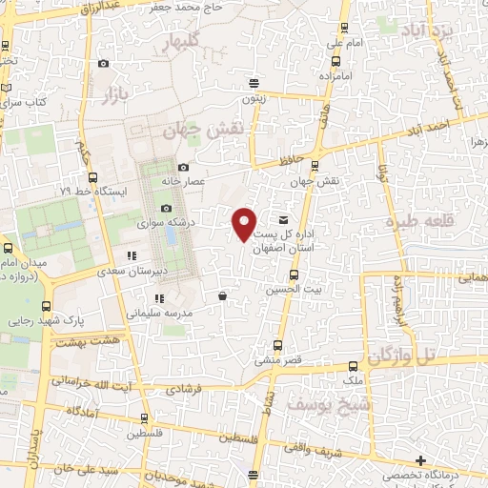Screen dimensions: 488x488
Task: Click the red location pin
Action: (245, 223)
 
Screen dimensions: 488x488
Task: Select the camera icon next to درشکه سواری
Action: (166, 209)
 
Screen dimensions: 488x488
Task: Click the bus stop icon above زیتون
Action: (253, 83)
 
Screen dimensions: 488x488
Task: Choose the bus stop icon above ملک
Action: (353, 366)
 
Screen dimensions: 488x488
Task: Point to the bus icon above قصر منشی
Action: (278, 345)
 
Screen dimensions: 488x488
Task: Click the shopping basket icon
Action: (222, 295)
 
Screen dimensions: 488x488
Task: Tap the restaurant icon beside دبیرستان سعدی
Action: (132, 255)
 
